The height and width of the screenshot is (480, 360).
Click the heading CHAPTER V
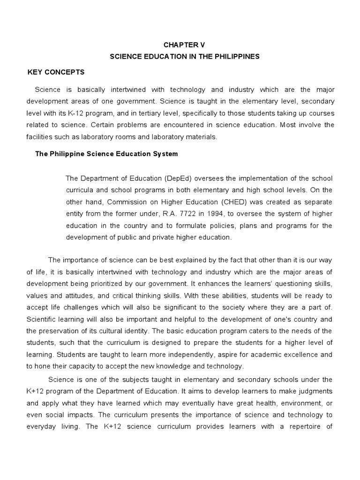click(184, 45)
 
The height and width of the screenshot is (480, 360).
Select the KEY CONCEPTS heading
click(56, 72)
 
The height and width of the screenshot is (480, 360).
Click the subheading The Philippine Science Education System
click(107, 154)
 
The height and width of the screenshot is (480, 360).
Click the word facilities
click(41, 136)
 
